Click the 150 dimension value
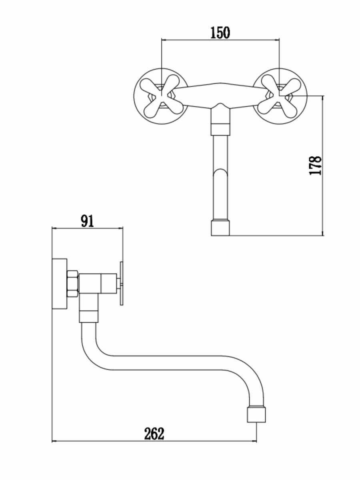tap(220, 32)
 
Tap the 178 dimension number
tap(316, 165)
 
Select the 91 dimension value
tap(87, 221)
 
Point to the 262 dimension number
tap(154, 434)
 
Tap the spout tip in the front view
tap(220, 227)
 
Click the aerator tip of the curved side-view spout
tap(256, 414)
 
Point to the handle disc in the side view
tap(121, 284)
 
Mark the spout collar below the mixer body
tap(220, 128)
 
